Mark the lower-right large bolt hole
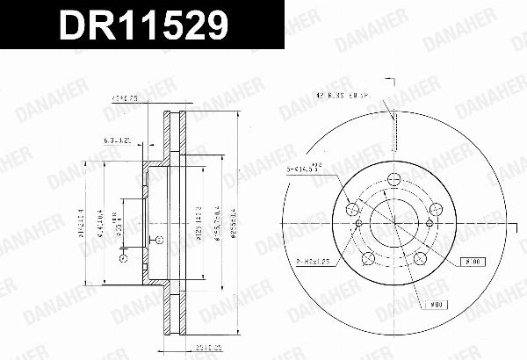click(x=419, y=257)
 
